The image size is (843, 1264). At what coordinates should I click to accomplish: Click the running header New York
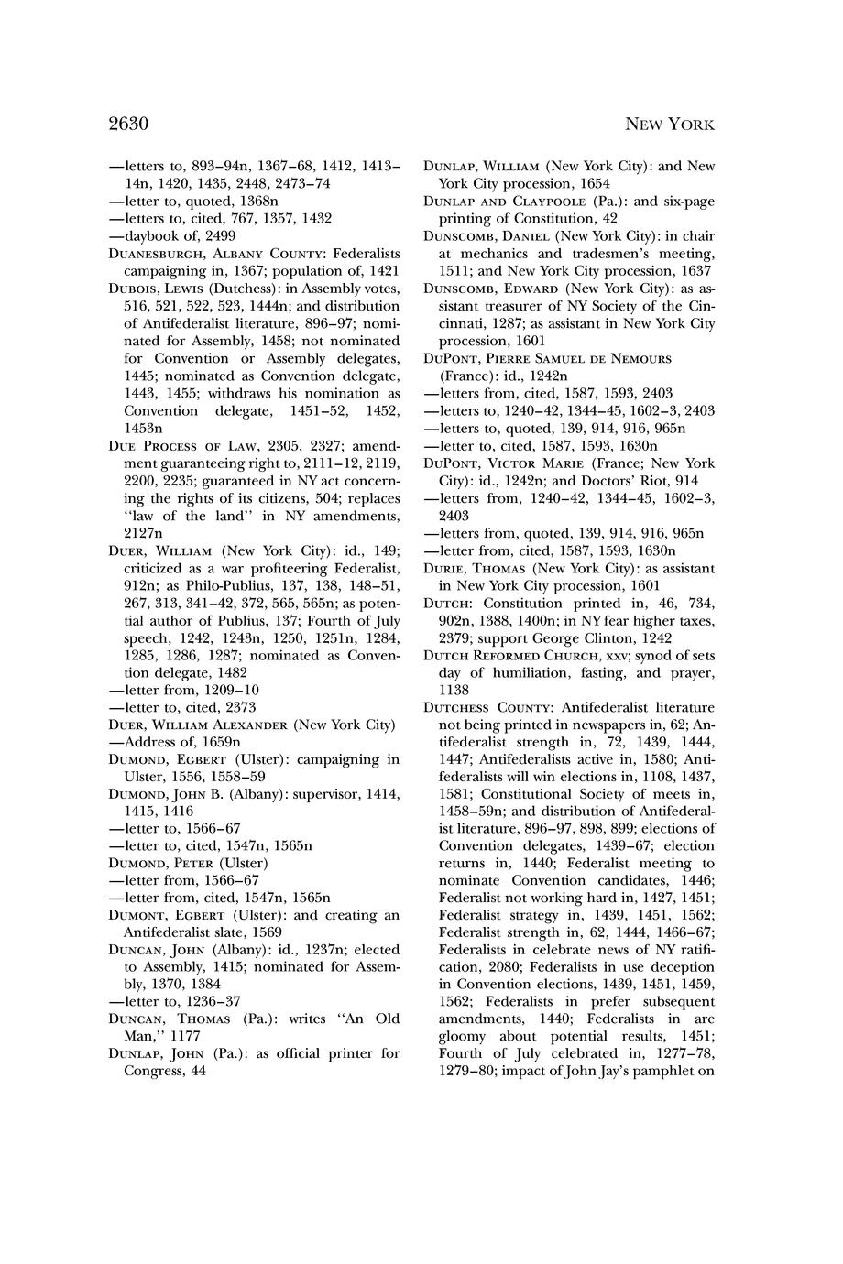(x=668, y=125)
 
